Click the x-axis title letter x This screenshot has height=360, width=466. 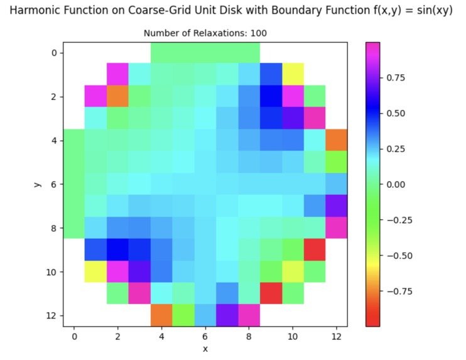tap(205, 349)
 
